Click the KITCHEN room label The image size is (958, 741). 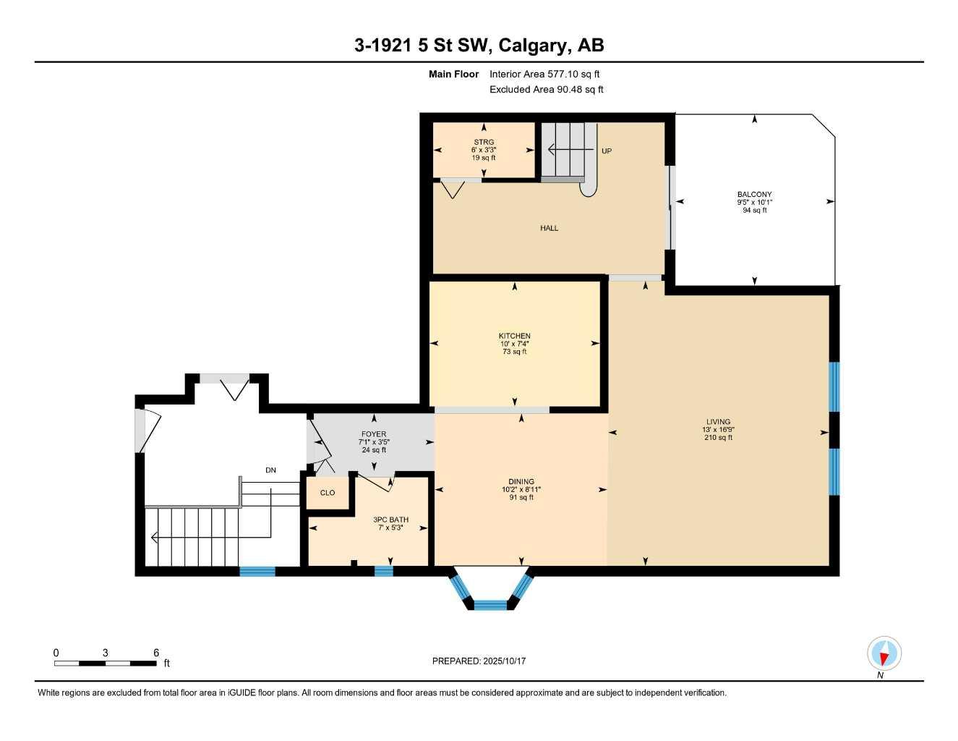pyautogui.click(x=514, y=336)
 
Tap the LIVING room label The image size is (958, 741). pyautogui.click(x=718, y=422)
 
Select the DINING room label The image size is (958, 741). pyautogui.click(x=521, y=481)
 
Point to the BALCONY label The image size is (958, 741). pyautogui.click(x=754, y=194)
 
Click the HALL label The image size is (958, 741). pyautogui.click(x=549, y=228)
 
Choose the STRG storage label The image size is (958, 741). pyautogui.click(x=484, y=143)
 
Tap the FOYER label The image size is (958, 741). pyautogui.click(x=374, y=434)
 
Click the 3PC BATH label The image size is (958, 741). pyautogui.click(x=390, y=520)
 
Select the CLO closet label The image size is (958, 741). pyautogui.click(x=328, y=493)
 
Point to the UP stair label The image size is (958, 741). pyautogui.click(x=606, y=151)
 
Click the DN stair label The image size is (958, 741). pyautogui.click(x=270, y=470)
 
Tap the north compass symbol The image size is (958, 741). pyautogui.click(x=884, y=654)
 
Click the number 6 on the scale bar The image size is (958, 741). pyautogui.click(x=156, y=653)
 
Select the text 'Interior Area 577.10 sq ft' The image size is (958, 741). pyautogui.click(x=544, y=74)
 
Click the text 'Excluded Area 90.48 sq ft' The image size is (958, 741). pyautogui.click(x=546, y=90)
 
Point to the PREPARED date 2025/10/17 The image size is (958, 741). pyautogui.click(x=479, y=661)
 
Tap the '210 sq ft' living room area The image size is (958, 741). pyautogui.click(x=718, y=437)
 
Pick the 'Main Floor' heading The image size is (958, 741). pyautogui.click(x=453, y=74)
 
